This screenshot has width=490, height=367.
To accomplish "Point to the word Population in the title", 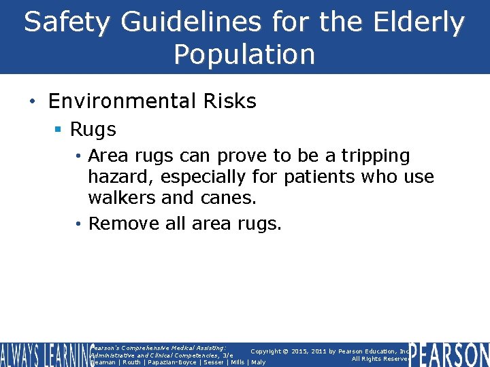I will tap(244, 54).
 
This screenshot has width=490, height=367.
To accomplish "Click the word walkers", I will tap(119, 198).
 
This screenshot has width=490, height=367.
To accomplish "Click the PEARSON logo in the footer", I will tap(449, 354).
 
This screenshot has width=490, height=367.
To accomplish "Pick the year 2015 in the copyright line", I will tap(295, 351).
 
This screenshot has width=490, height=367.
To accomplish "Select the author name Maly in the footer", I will tap(259, 362).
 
